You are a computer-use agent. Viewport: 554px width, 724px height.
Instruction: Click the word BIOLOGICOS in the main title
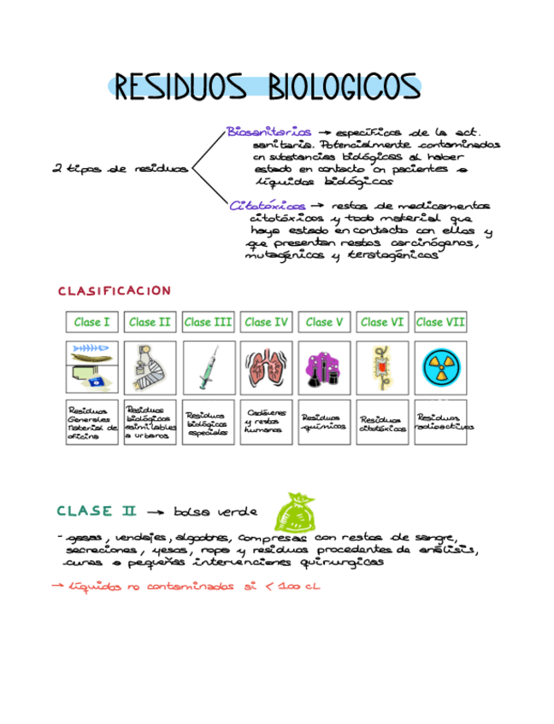point(343,88)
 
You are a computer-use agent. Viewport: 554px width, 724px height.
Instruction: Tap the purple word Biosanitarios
point(269,132)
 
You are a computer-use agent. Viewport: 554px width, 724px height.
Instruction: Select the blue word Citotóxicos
point(268,206)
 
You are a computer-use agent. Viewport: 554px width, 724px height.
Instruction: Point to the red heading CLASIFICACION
point(115,291)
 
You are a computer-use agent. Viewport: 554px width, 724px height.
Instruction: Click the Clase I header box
point(91,322)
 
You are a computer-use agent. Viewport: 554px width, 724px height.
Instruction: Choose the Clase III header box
point(208,322)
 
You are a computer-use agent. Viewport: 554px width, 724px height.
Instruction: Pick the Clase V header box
point(324,322)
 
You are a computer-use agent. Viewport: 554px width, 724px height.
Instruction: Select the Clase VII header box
point(440,322)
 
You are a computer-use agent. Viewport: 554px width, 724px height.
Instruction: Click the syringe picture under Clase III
point(208,368)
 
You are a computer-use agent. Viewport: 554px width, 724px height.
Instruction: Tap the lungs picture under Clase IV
point(266,368)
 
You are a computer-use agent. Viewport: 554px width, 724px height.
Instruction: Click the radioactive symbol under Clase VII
point(440,368)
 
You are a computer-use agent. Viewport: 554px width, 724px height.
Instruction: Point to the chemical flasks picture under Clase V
point(324,368)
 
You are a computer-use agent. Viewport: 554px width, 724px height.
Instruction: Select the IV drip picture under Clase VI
point(382,368)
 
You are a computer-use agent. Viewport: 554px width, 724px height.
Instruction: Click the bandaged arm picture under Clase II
point(150,368)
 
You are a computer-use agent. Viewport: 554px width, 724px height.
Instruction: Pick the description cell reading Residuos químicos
point(324,422)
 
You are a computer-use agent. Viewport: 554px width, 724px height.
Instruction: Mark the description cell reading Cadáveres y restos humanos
point(266,422)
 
